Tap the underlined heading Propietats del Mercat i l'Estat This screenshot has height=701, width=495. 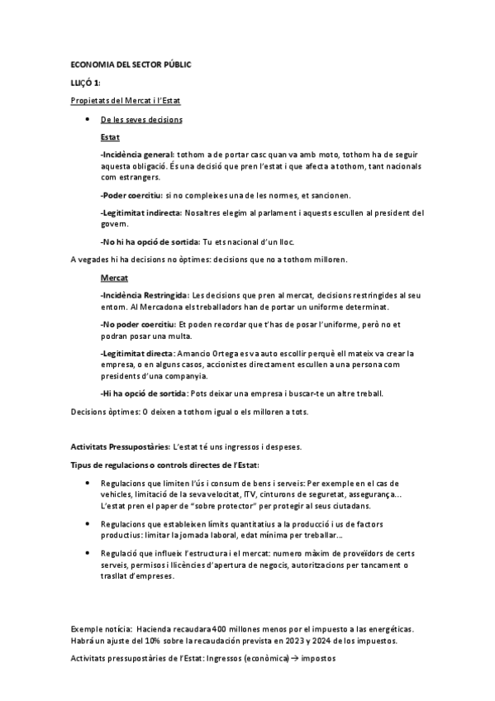(x=126, y=101)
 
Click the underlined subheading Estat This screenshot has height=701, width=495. (x=109, y=136)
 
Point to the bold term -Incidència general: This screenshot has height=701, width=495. (x=137, y=155)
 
